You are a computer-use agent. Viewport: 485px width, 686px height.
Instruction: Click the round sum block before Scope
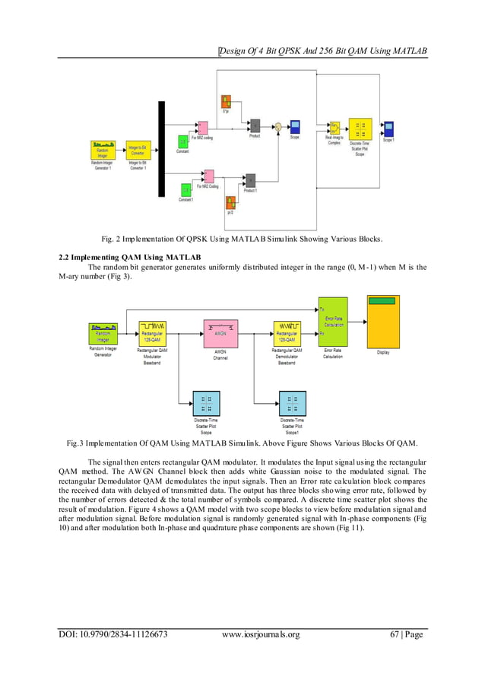[278, 127]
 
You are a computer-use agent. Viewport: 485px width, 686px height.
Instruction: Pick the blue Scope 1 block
[388, 127]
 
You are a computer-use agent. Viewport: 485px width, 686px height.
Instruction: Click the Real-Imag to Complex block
[334, 128]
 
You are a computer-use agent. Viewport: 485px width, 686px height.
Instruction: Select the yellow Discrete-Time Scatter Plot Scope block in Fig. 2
[360, 129]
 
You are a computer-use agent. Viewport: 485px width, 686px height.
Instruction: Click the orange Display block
[383, 320]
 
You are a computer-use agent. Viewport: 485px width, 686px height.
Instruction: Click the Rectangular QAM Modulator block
[153, 333]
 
